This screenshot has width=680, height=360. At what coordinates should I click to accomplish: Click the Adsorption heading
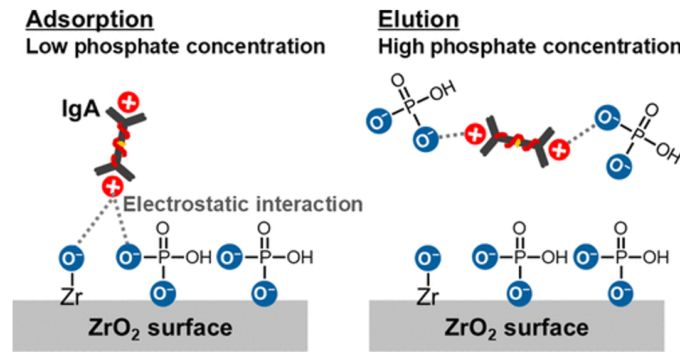pyautogui.click(x=89, y=19)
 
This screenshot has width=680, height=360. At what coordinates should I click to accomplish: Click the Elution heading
pyautogui.click(x=418, y=19)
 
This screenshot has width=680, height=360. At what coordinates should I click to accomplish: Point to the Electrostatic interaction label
pyautogui.click(x=243, y=204)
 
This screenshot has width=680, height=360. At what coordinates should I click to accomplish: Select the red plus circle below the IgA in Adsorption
pyautogui.click(x=113, y=186)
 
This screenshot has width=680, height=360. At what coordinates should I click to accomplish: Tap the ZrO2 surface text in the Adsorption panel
pyautogui.click(x=161, y=327)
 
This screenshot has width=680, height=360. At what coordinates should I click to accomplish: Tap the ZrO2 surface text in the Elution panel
pyautogui.click(x=516, y=327)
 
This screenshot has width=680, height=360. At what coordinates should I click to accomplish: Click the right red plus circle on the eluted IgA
pyautogui.click(x=560, y=149)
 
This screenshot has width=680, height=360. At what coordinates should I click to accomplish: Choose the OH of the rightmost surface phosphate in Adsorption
pyautogui.click(x=300, y=257)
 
